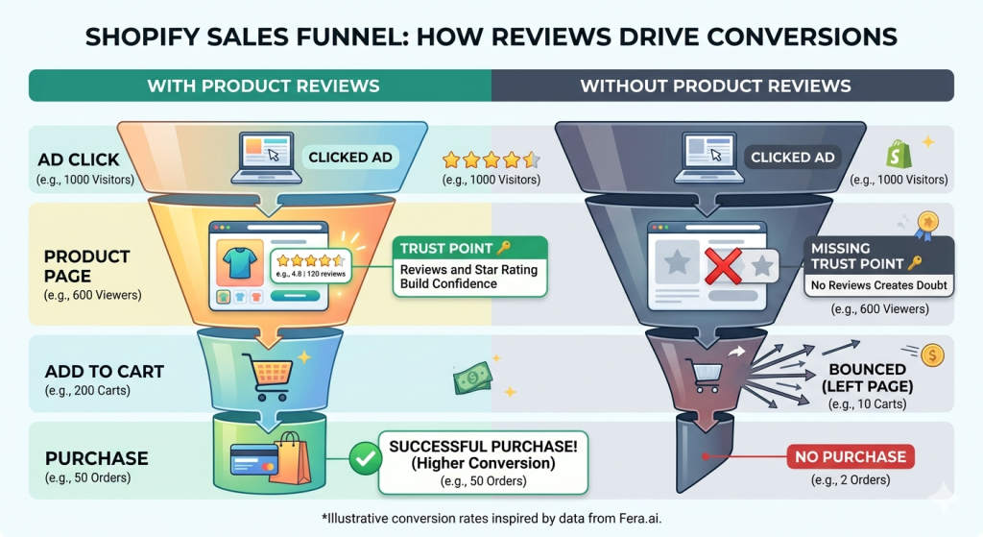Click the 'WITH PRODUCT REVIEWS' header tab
[262, 85]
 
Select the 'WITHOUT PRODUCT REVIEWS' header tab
[715, 85]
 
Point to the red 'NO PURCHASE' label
[851, 457]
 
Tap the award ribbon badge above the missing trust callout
[926, 225]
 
